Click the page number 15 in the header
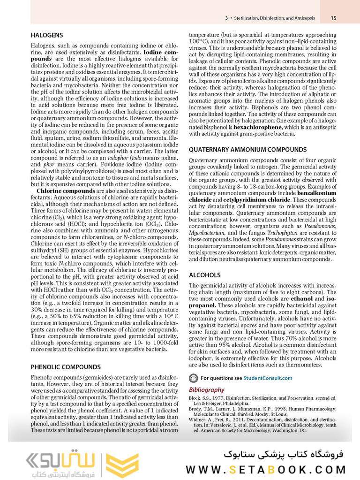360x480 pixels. [333, 18]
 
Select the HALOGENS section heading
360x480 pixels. [47, 35]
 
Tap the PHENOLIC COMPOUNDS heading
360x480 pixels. [65, 367]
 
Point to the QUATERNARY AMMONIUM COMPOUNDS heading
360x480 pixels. [247, 150]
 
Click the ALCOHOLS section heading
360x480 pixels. [204, 275]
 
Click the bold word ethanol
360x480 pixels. [301, 298]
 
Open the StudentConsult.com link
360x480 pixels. [269, 378]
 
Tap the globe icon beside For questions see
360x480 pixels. [193, 378]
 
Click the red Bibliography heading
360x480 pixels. [207, 390]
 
